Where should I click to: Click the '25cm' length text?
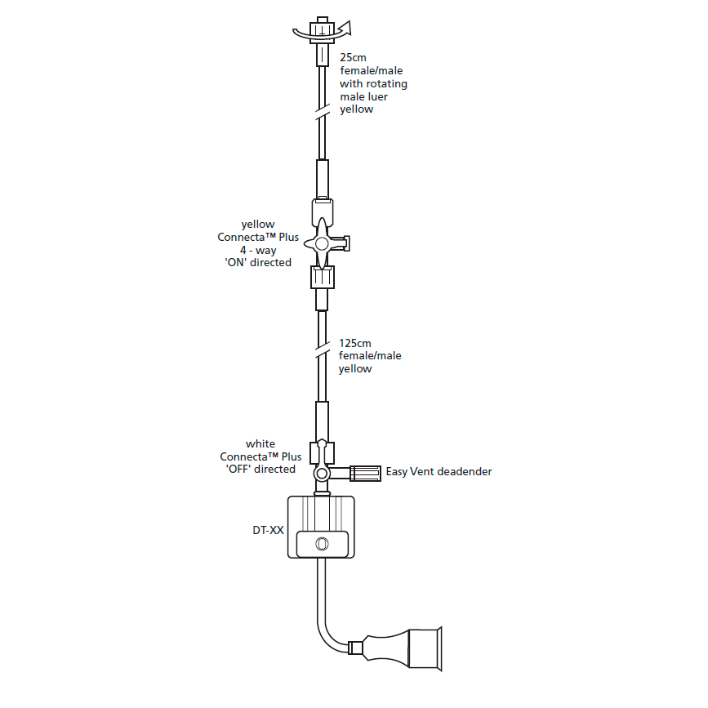[353, 58]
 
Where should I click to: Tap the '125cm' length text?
[355, 343]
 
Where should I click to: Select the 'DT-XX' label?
[268, 530]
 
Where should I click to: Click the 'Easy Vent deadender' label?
[439, 472]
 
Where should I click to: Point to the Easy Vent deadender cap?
[366, 472]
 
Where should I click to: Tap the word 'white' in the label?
[260, 444]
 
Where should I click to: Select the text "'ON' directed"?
[258, 262]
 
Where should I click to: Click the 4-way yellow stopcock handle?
[323, 242]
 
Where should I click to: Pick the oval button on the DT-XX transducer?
[323, 542]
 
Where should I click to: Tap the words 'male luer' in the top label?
[364, 96]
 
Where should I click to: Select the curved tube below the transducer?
[326, 621]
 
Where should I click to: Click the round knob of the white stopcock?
[323, 474]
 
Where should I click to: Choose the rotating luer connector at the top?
[323, 29]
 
